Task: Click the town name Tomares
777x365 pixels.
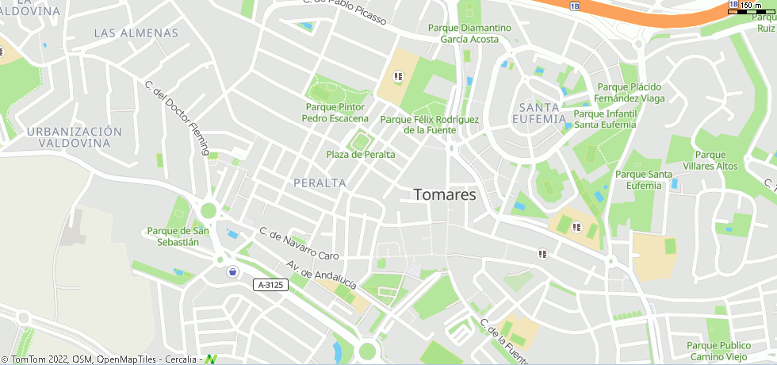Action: [x=445, y=195]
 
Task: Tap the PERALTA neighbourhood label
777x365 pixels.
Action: [x=320, y=182]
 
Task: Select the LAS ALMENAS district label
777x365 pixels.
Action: [x=136, y=33]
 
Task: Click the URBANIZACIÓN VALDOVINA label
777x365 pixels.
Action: [x=75, y=137]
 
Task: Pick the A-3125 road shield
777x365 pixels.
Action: [x=270, y=284]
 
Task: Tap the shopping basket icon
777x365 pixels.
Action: [x=232, y=272]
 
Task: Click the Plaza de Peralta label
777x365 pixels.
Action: [x=360, y=155]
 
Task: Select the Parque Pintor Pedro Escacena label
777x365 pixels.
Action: [x=335, y=113]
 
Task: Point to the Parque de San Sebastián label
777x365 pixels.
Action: [x=178, y=236]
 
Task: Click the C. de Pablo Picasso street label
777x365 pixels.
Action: [x=344, y=11]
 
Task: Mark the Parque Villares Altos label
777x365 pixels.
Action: [x=715, y=160]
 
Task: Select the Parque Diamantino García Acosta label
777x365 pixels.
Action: [x=469, y=33]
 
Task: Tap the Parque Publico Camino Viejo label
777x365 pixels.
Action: [x=718, y=351]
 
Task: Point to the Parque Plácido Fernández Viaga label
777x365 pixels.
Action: [x=630, y=93]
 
